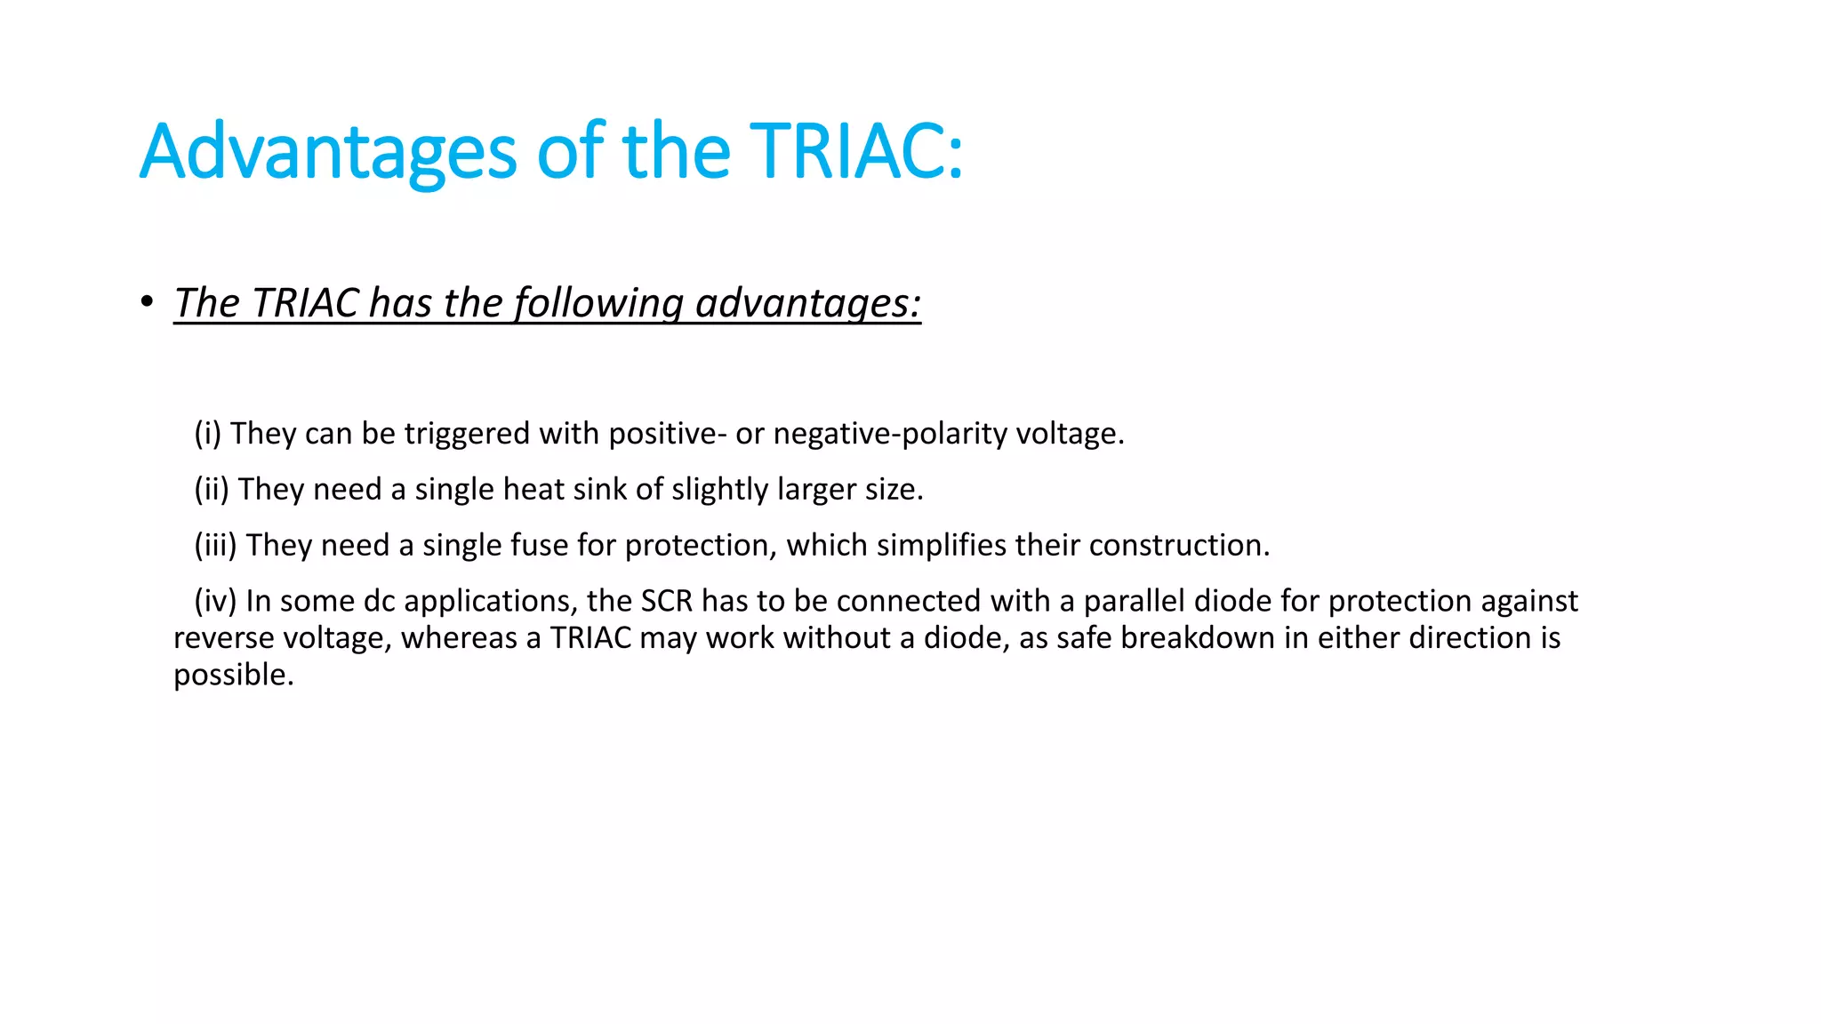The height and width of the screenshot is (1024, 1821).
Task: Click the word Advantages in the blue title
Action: point(327,152)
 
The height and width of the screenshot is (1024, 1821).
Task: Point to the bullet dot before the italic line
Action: point(147,302)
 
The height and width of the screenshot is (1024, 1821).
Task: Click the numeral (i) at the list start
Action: point(207,434)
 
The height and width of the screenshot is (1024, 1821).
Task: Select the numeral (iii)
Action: point(215,545)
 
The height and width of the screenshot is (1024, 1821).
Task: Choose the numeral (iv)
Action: point(215,601)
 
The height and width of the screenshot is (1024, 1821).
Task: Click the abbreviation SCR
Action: point(666,601)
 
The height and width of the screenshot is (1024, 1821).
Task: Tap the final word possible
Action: point(233,676)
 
